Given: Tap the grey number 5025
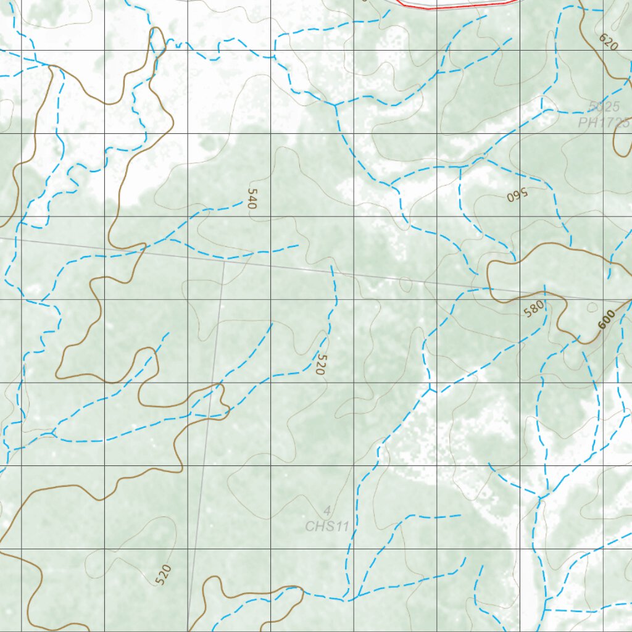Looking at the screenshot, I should point(604,107).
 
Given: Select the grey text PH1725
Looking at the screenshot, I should point(604,122).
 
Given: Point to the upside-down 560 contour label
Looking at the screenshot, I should point(518,194).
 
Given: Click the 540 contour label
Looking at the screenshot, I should point(251,198).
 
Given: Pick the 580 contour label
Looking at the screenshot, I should point(534,308).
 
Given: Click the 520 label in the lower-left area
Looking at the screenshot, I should point(162,575).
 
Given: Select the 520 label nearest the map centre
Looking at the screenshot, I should point(319,364).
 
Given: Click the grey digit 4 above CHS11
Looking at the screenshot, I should point(327,511).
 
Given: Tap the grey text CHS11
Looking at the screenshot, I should point(327,526).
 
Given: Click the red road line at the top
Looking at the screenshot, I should point(457,6).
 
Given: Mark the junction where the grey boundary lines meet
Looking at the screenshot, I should point(224,261).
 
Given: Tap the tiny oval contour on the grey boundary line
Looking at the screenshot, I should point(405,284).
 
